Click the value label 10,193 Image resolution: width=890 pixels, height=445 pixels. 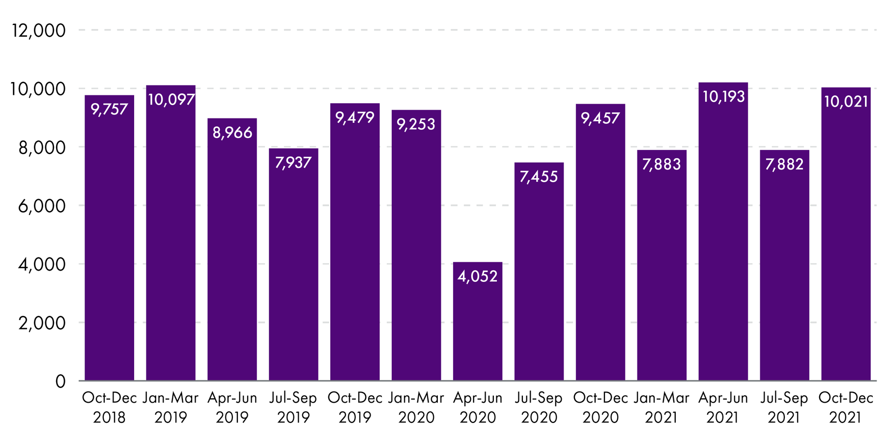(x=723, y=97)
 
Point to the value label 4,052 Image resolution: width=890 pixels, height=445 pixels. (x=477, y=277)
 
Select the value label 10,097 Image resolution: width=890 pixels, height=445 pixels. (x=171, y=100)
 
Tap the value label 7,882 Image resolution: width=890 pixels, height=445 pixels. (x=784, y=164)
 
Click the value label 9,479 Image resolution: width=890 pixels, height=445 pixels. (x=355, y=117)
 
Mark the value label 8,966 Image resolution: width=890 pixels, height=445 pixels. (x=232, y=133)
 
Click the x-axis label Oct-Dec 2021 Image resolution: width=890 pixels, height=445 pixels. (x=846, y=407)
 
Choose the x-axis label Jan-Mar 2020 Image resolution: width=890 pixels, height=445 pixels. (x=416, y=407)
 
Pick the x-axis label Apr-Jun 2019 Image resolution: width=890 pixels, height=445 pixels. (x=232, y=407)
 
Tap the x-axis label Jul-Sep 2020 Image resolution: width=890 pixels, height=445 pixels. (x=539, y=407)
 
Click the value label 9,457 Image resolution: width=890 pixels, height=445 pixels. (x=600, y=118)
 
